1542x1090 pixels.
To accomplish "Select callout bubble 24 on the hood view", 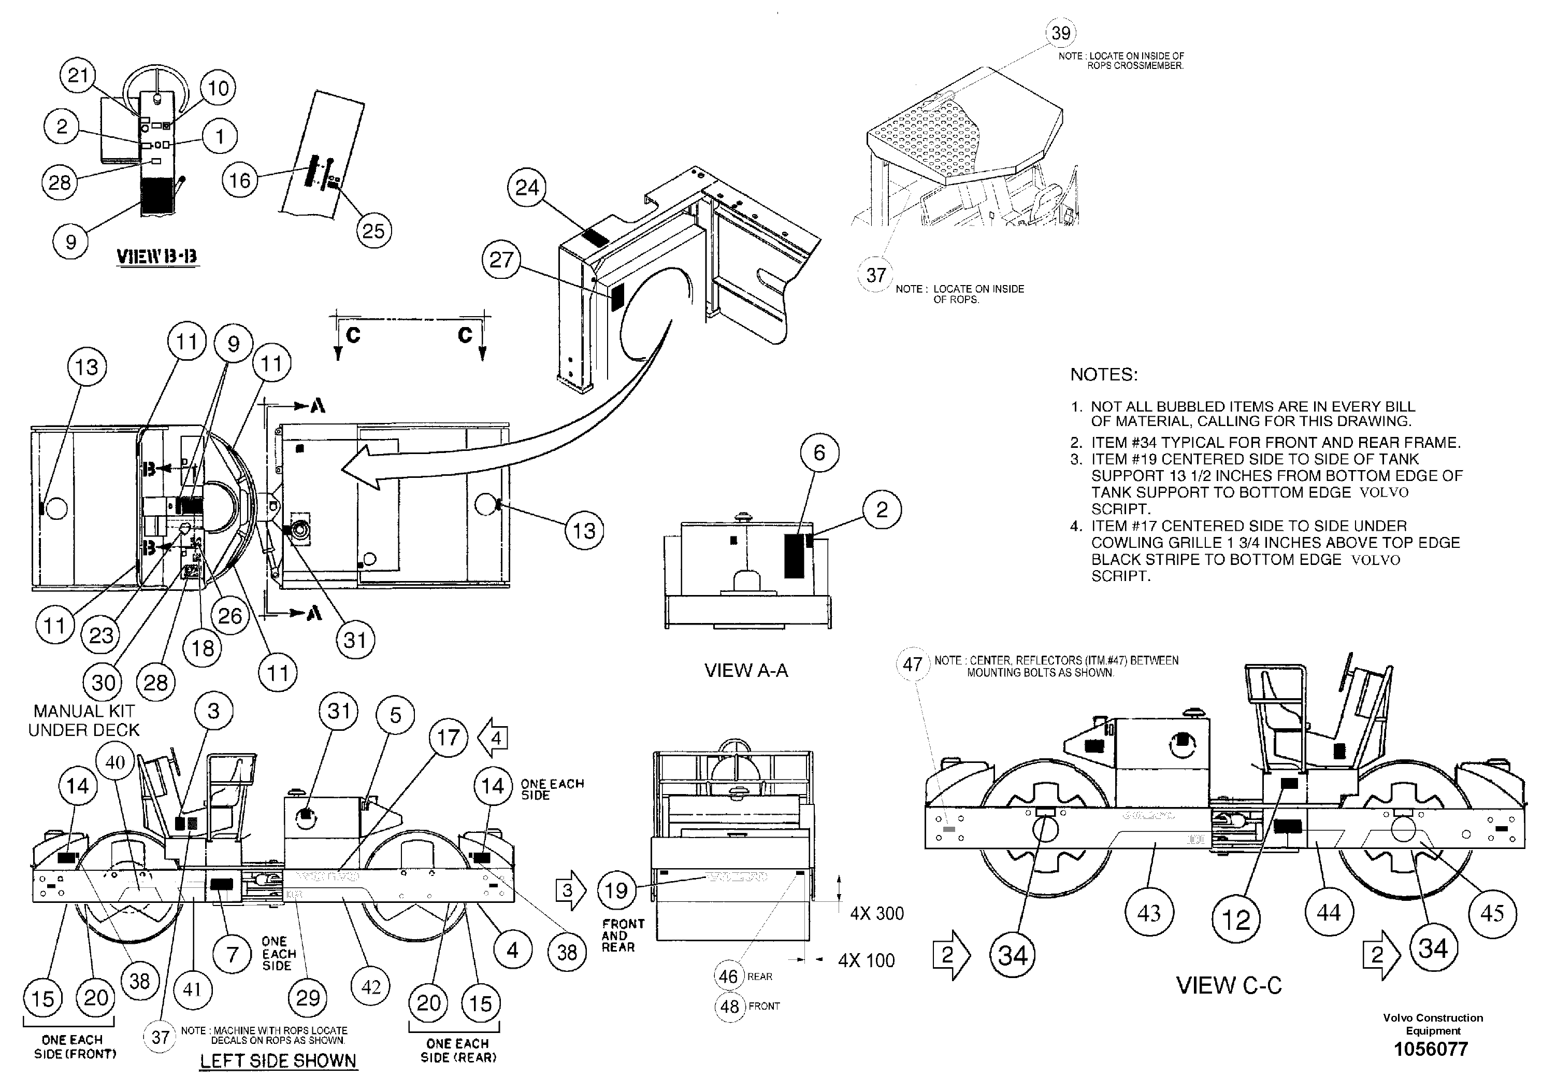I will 527,188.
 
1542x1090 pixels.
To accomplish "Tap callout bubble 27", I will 501,260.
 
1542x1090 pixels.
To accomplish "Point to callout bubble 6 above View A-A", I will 819,453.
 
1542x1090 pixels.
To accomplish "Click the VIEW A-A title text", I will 745,670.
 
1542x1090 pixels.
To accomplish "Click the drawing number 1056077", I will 1431,1049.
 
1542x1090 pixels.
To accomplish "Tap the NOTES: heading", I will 1103,375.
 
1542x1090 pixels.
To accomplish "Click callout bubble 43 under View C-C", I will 1148,913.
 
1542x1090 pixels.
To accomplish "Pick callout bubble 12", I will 1236,920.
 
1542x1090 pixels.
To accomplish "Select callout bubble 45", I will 1492,913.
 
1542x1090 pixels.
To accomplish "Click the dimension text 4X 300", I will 876,913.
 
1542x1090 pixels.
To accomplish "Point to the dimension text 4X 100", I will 867,960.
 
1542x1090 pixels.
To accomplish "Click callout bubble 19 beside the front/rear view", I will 616,891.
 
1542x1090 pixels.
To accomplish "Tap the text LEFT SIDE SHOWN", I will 278,1060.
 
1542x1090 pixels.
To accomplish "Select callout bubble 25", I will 373,231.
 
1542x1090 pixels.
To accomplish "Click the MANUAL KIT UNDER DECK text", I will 84,720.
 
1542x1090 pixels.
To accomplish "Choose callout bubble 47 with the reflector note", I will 912,664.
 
